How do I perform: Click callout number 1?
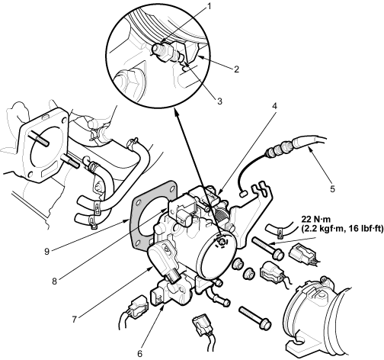point(209,7)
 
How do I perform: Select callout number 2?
point(236,69)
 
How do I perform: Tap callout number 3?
point(219,101)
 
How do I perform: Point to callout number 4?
point(274,106)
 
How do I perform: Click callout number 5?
point(332,188)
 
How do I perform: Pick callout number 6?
point(140,353)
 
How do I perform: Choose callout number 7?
point(74,320)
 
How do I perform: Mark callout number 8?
point(54,281)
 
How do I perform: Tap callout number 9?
point(46,252)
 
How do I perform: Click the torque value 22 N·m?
point(315,218)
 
